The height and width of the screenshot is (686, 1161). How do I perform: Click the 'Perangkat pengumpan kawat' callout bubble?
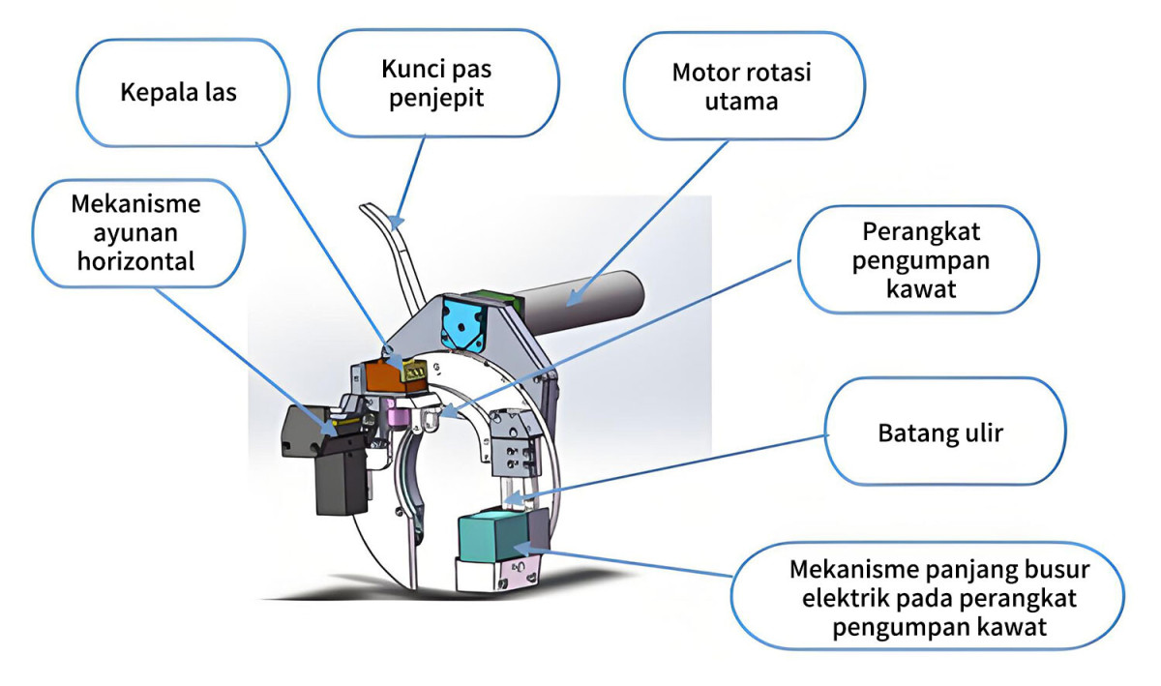(x=916, y=259)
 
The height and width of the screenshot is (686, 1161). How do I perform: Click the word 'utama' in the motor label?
(x=742, y=100)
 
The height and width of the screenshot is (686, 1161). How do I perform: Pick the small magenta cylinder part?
(x=395, y=417)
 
